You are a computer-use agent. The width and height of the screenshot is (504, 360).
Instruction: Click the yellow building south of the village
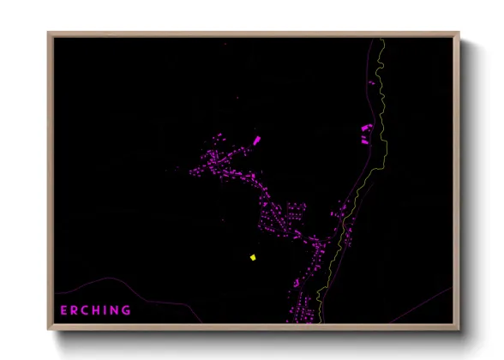click(253, 257)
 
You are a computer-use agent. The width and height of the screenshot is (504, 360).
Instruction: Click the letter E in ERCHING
click(63, 310)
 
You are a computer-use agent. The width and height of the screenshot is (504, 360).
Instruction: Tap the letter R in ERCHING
click(75, 310)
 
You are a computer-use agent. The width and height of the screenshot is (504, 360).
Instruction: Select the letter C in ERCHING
click(87, 310)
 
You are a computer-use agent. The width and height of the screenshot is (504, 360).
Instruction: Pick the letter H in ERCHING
click(99, 310)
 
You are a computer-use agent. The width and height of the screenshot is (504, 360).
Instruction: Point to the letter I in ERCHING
click(107, 310)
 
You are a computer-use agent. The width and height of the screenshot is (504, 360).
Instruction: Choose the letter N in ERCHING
click(116, 310)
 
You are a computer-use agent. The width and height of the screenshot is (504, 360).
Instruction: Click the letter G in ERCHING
click(127, 310)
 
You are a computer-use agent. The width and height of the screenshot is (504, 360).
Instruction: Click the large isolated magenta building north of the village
click(256, 139)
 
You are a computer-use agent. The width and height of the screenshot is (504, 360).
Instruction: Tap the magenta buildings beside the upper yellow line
click(366, 134)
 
